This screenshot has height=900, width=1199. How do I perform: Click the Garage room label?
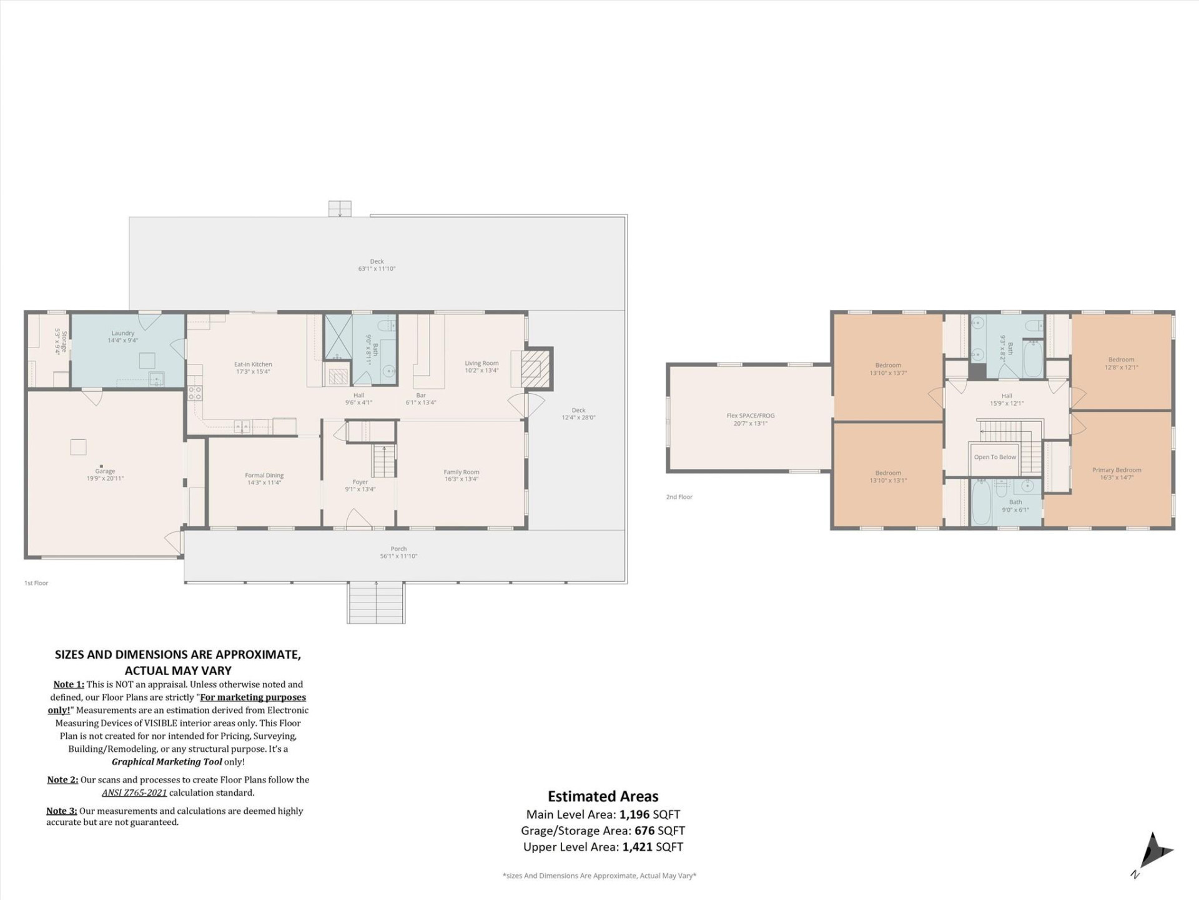pos(105,471)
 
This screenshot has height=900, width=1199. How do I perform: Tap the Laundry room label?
pos(122,333)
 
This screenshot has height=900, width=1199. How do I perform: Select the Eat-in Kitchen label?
pos(253,364)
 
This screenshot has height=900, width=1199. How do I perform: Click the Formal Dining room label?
pos(264,476)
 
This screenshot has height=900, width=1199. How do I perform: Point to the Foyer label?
pos(360,482)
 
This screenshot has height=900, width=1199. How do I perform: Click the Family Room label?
pos(461,472)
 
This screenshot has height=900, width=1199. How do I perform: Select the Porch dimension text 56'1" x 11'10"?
pos(398,556)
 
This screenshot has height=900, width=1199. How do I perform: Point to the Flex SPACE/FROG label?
pos(751,416)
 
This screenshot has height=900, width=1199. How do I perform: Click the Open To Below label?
pos(995,457)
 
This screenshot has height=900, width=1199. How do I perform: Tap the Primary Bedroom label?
pos(1117,470)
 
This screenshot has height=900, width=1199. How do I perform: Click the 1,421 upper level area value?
pos(637,847)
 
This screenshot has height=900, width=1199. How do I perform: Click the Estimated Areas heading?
pos(603,797)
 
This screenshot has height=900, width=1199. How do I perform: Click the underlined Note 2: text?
pos(62,780)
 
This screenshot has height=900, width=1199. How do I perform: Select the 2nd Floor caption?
pos(679,497)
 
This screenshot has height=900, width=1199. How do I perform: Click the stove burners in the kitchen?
pos(195,393)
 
